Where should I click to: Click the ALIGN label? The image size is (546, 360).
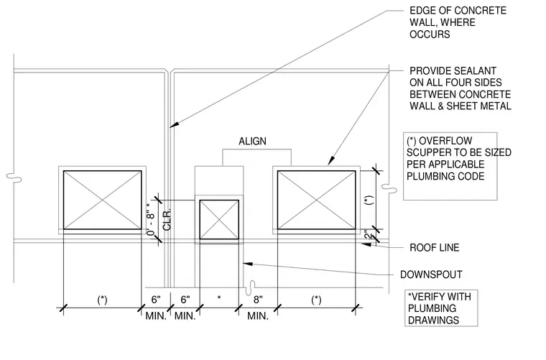[x=252, y=142]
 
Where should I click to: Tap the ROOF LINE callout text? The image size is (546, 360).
[x=434, y=247]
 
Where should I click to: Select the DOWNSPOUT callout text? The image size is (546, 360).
[x=431, y=274]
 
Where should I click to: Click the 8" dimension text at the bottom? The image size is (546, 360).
[x=258, y=300]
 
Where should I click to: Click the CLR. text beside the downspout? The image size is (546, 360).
[x=167, y=219]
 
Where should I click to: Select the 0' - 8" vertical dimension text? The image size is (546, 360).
[x=151, y=219]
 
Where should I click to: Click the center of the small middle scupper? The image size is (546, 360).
[x=219, y=219]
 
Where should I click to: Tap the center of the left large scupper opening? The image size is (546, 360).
[x=102, y=200]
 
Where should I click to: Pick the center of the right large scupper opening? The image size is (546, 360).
[x=317, y=200]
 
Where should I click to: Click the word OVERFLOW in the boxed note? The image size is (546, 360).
[x=445, y=141]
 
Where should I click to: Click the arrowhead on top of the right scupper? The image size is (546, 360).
[x=330, y=161]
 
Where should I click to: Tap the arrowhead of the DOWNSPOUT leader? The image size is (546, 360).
[x=247, y=264]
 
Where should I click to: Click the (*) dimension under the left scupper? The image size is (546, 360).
[x=102, y=300]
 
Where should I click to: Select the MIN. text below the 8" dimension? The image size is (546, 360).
[x=258, y=316]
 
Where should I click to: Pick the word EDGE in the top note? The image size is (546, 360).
[x=421, y=11]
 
